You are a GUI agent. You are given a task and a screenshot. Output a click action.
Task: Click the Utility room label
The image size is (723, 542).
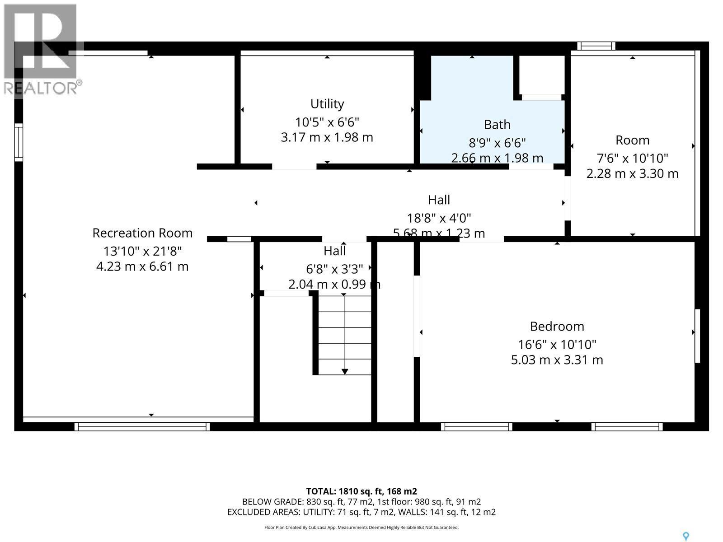pos(327,104)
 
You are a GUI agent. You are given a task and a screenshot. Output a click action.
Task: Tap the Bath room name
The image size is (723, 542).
pos(497,124)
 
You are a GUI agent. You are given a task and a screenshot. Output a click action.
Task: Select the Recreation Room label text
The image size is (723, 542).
pos(142,233)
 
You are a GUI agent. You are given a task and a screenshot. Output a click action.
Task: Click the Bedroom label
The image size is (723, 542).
pos(557,326)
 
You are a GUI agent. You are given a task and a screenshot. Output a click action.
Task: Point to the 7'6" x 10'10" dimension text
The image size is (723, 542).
pos(632,158)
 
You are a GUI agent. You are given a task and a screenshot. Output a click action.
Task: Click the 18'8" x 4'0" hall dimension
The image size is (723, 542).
pos(439,218)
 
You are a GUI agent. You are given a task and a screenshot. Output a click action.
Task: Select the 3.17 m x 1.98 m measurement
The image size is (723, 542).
pos(327,137)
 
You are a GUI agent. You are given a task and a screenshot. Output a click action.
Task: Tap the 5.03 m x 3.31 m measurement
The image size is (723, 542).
pos(557,360)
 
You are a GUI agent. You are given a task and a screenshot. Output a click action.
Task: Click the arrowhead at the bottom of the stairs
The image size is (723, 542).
pos(345,371)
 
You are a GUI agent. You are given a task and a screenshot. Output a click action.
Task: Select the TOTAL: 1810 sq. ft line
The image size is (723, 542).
pos(361,491)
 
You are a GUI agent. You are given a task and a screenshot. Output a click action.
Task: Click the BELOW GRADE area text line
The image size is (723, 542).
pos(361,502)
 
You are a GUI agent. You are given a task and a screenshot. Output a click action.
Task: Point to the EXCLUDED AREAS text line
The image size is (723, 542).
pos(361,512)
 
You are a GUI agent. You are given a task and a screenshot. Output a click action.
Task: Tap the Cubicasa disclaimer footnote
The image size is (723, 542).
pos(361,527)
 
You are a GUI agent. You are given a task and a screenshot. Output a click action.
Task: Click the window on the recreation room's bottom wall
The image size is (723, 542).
pos(142,426)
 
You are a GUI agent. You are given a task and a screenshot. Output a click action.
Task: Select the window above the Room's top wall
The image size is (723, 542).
pos(596,46)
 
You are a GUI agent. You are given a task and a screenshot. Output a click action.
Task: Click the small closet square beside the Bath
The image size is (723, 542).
pos(541,75)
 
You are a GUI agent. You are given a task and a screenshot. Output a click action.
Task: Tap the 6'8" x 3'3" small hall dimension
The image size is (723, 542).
pos(334,269)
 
